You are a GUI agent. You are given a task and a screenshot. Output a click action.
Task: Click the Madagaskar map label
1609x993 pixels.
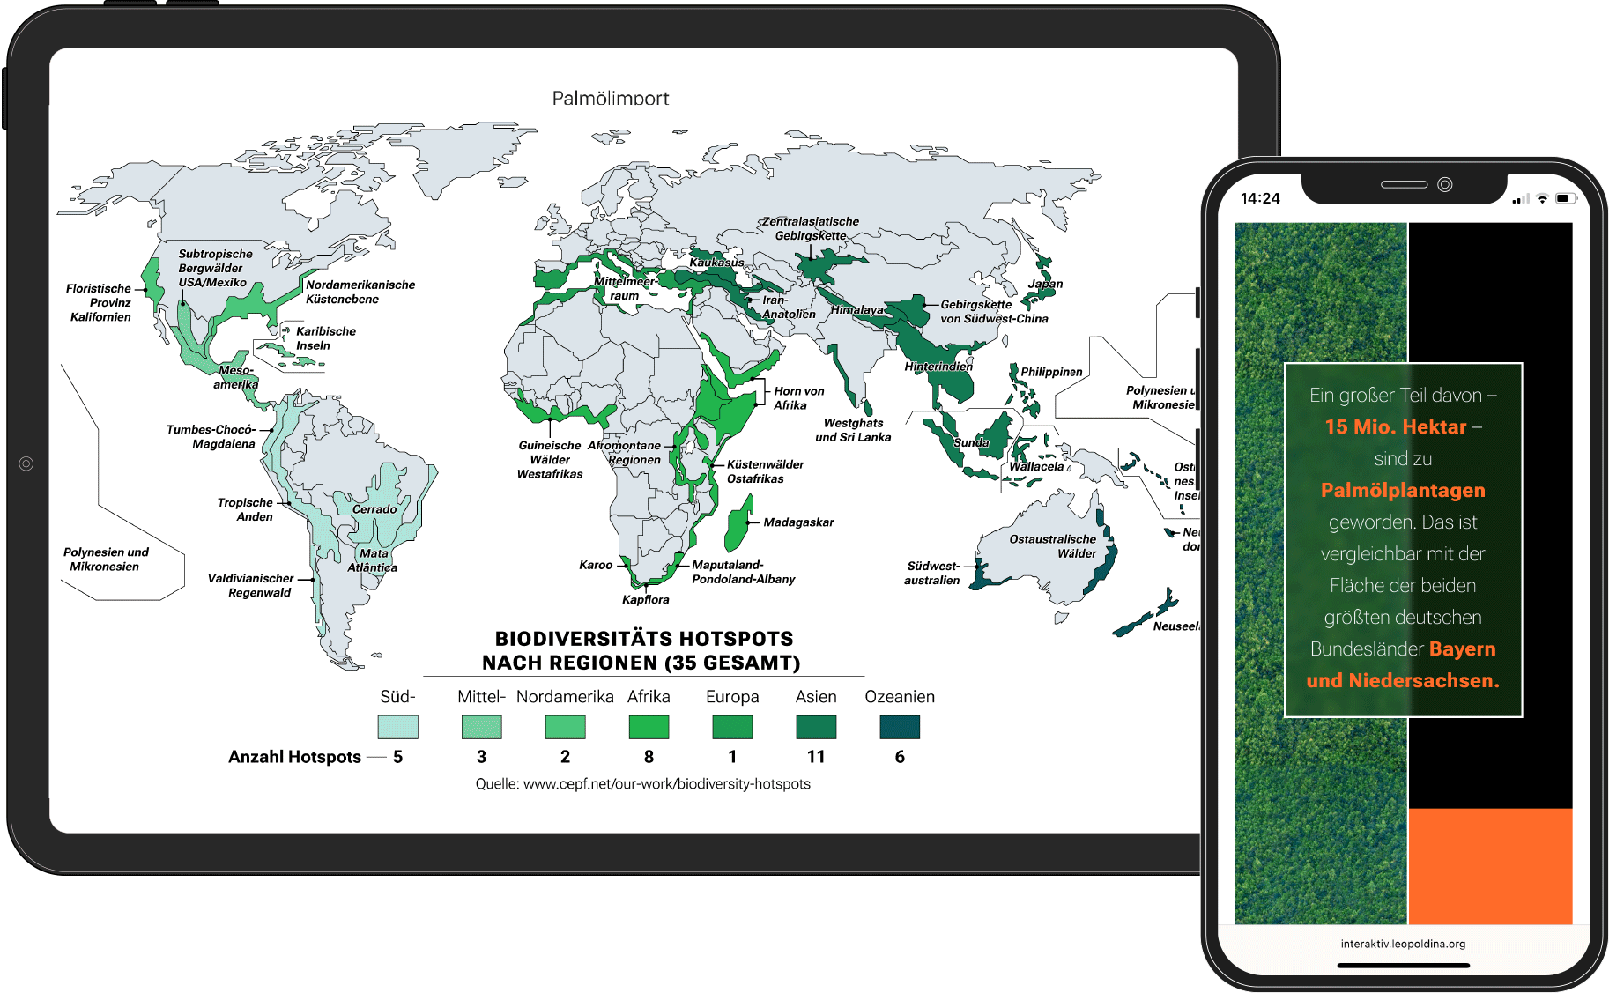point(797,522)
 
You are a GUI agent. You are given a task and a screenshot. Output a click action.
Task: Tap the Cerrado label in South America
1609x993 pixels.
point(374,509)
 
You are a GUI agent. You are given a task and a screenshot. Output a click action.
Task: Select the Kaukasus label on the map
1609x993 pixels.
point(716,263)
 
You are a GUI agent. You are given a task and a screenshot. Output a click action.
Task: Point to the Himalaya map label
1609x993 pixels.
point(856,310)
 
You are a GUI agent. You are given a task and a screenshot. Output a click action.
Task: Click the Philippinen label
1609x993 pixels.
point(1051,372)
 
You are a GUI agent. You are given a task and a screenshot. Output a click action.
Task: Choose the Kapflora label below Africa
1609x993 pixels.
point(645,600)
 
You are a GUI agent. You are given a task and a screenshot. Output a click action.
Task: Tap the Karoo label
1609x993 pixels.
point(596,565)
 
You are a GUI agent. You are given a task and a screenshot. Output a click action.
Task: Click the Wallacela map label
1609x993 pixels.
point(1036,467)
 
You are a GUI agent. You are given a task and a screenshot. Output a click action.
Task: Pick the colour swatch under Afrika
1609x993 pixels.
point(649,727)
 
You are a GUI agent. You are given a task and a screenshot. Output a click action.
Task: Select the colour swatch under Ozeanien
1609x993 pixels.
point(900,727)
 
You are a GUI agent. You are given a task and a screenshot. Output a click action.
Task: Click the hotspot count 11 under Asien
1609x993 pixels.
point(816,757)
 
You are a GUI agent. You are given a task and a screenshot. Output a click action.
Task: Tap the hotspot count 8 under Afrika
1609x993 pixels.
point(649,757)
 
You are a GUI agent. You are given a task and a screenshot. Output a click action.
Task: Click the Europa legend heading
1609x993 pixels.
point(732,697)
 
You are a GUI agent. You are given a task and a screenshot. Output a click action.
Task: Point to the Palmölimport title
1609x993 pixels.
point(610,99)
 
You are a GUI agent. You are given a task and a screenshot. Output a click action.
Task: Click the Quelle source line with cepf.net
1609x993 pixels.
point(642,784)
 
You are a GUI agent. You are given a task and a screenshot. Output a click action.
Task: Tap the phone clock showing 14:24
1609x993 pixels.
point(1260,198)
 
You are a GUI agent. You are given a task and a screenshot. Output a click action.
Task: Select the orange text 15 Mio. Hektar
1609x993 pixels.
point(1396,427)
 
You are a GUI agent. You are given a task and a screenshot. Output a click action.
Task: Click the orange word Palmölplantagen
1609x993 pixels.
point(1403,491)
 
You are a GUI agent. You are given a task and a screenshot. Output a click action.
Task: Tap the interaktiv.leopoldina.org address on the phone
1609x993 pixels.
point(1403,944)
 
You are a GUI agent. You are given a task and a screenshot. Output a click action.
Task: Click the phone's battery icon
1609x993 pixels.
point(1564,198)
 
